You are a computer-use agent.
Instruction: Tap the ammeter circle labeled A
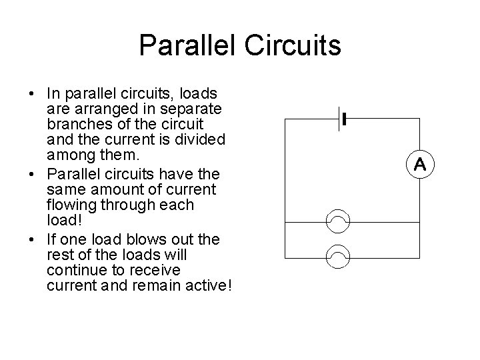click(420, 164)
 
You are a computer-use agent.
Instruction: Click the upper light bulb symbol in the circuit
click(338, 221)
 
